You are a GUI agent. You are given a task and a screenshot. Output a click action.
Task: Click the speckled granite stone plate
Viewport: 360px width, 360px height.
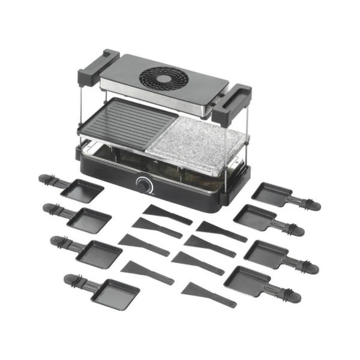pyautogui.click(x=203, y=144)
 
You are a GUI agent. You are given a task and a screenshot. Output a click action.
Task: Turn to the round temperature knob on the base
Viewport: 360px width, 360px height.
pyautogui.click(x=143, y=184)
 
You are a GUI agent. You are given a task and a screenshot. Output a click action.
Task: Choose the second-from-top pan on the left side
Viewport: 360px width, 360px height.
pyautogui.click(x=89, y=220)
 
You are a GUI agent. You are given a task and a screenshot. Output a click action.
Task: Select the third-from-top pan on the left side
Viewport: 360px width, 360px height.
pyautogui.click(x=98, y=251)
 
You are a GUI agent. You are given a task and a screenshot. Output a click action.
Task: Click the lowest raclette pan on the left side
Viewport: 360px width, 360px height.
pyautogui.click(x=117, y=293)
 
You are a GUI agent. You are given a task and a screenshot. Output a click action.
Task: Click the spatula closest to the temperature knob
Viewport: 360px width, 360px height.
pyautogui.click(x=166, y=213)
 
